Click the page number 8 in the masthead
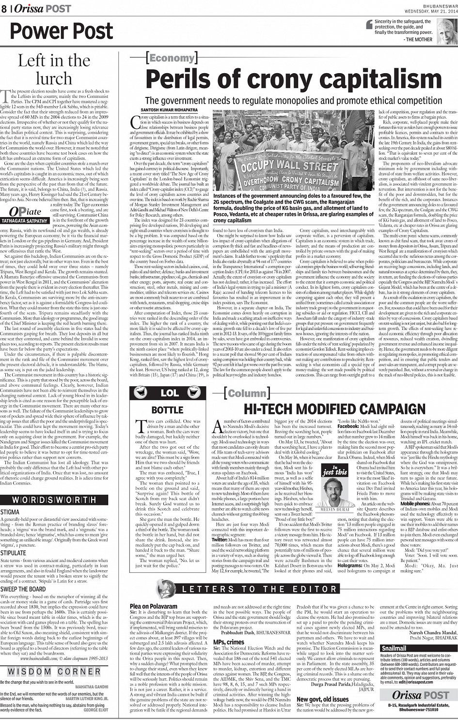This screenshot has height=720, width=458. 4,8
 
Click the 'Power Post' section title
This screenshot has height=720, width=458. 62,31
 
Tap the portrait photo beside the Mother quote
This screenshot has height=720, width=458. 447,31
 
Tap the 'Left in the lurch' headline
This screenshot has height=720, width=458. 54,69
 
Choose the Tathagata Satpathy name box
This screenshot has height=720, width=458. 27,220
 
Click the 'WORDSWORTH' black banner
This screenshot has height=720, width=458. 54,500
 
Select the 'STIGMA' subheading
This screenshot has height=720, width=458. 10,512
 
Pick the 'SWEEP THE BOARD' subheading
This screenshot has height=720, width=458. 23,589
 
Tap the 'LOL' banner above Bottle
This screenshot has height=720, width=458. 169,392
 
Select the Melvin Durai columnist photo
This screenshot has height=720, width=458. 335,490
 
